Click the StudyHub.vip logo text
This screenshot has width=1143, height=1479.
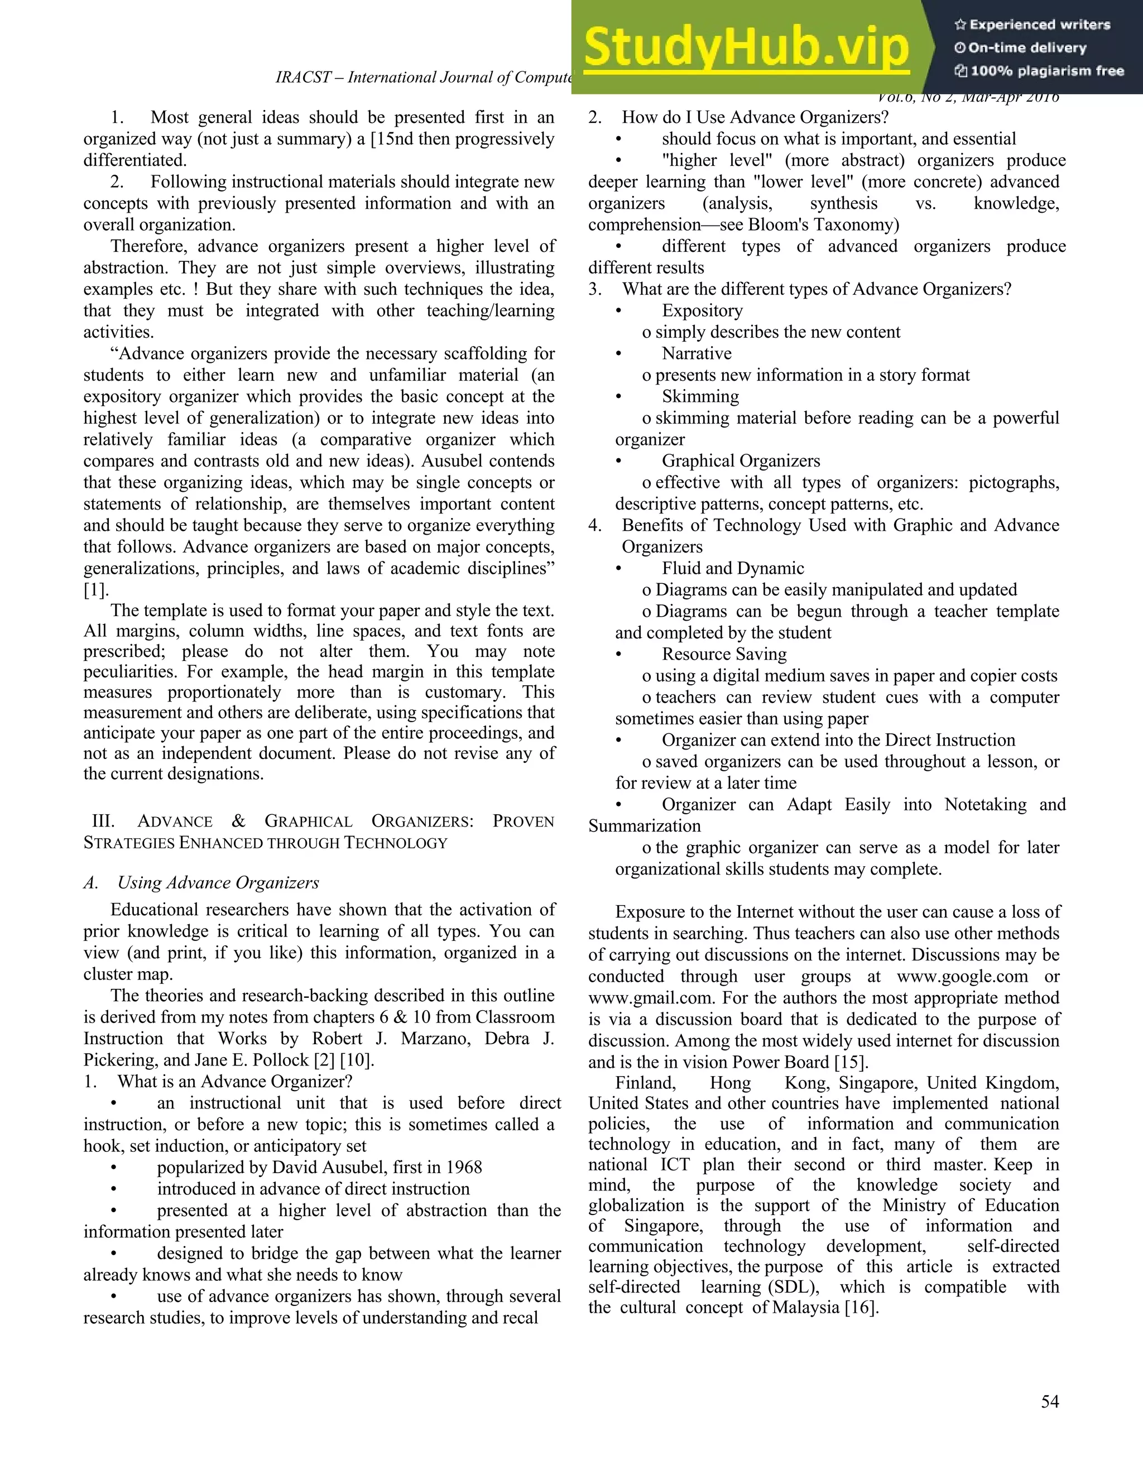click(x=746, y=47)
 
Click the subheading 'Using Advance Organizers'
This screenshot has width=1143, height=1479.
click(x=218, y=883)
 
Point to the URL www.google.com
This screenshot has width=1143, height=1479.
click(x=962, y=977)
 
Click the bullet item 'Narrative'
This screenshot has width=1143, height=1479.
click(x=697, y=353)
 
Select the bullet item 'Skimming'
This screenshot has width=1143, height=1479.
click(x=700, y=396)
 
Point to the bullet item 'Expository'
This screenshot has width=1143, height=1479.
click(x=702, y=311)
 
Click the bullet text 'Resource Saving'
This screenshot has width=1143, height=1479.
click(x=724, y=654)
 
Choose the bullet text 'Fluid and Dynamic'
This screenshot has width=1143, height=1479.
click(x=733, y=568)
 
